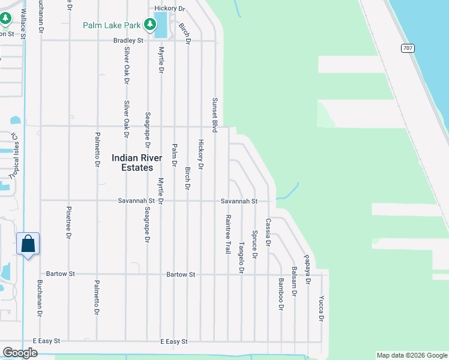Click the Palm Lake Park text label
112,25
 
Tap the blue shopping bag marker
28,244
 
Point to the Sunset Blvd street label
214,115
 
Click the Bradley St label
128,41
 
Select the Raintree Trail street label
228,234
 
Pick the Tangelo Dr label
242,258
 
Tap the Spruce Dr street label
255,244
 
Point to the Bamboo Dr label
281,294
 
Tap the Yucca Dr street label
321,309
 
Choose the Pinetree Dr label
68,223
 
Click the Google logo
20,353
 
